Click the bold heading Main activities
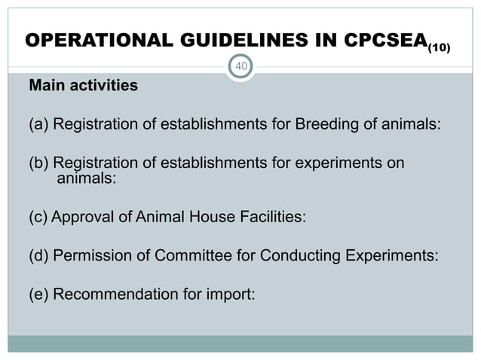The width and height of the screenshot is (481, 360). [x=83, y=86]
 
